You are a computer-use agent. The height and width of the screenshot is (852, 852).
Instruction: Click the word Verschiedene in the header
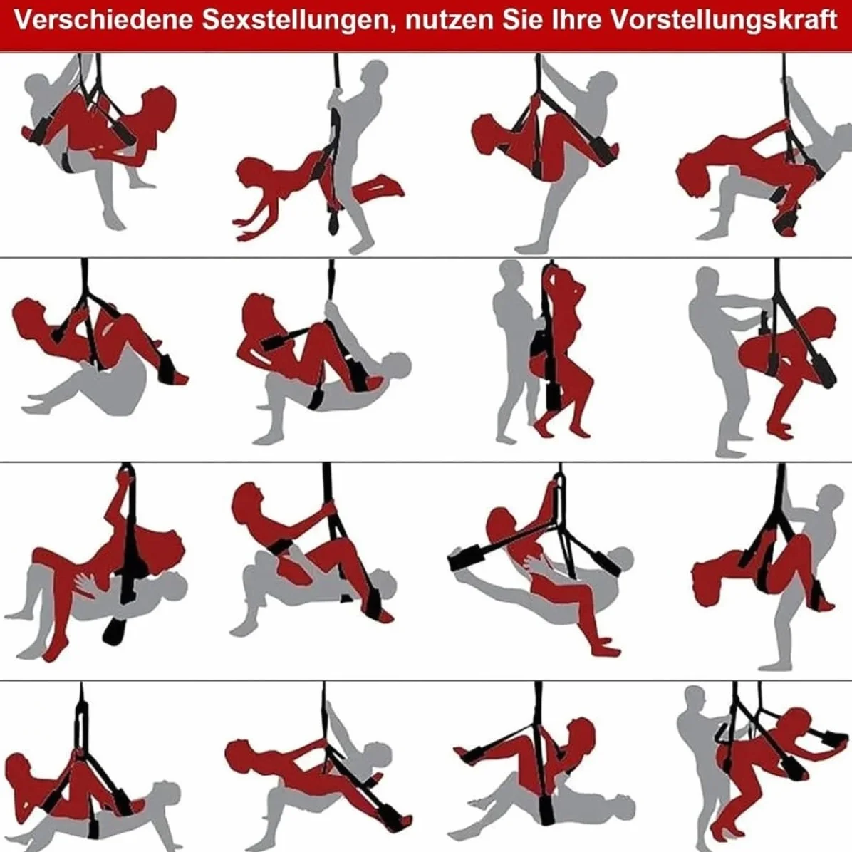pos(104,20)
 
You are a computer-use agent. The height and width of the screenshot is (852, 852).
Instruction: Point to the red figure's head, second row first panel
pos(27,315)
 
